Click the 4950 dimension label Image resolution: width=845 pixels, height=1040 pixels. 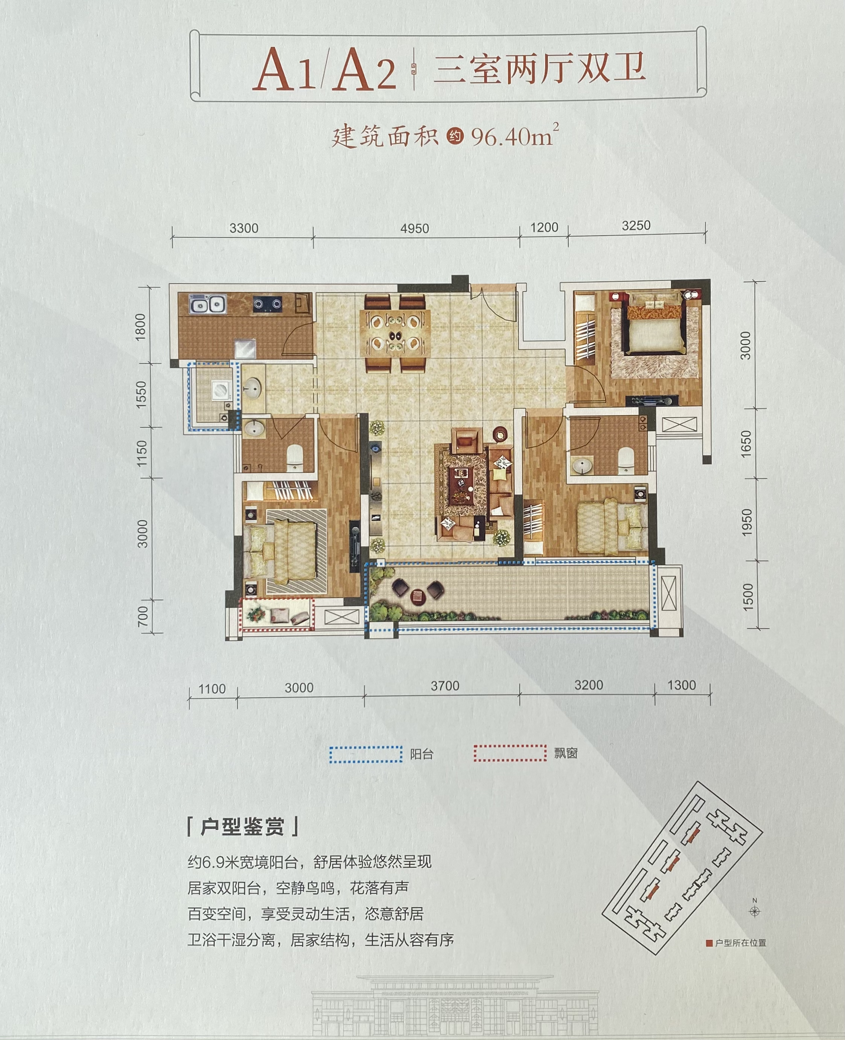tap(415, 228)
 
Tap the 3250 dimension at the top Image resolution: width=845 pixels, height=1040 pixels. tap(636, 226)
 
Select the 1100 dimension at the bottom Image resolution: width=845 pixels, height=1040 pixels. tap(212, 689)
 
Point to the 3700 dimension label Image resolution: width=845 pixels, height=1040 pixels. tap(445, 686)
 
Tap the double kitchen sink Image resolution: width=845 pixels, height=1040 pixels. tap(208, 305)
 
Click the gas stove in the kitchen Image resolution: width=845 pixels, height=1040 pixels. tap(267, 304)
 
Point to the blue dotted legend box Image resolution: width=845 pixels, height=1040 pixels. tap(366, 754)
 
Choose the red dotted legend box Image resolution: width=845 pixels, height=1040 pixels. tap(510, 753)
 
